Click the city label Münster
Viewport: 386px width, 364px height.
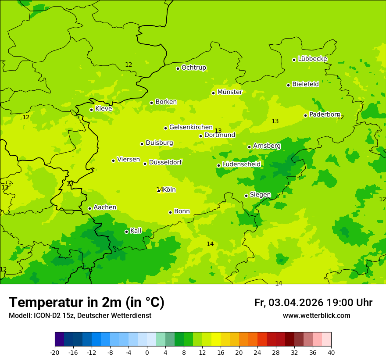pos(230,92)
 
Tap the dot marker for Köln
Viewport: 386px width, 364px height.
pos(159,190)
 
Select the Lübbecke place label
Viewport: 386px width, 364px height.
pos(312,59)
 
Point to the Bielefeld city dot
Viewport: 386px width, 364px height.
pos(289,85)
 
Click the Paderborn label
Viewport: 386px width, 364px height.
pos(325,114)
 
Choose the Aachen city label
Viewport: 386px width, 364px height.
pos(105,207)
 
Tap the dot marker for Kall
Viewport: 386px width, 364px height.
pos(126,232)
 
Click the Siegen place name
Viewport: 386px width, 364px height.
pos(260,195)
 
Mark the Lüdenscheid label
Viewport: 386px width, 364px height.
pos(241,164)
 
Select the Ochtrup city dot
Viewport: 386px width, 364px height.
pos(178,68)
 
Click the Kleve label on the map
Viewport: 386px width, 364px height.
pos(104,109)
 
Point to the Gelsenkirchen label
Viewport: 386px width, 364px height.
pos(191,127)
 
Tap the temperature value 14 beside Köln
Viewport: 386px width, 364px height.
pos(159,189)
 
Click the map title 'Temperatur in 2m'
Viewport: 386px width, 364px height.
pos(86,303)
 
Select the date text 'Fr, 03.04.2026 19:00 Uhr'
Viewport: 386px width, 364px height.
pos(313,303)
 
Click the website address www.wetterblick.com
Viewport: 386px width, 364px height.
pos(316,316)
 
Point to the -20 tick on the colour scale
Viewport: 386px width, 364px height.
pos(55,352)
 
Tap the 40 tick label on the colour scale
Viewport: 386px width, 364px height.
pos(331,352)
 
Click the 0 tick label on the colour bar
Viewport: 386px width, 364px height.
pos(147,352)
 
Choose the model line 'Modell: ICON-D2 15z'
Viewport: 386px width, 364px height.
pos(80,316)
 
